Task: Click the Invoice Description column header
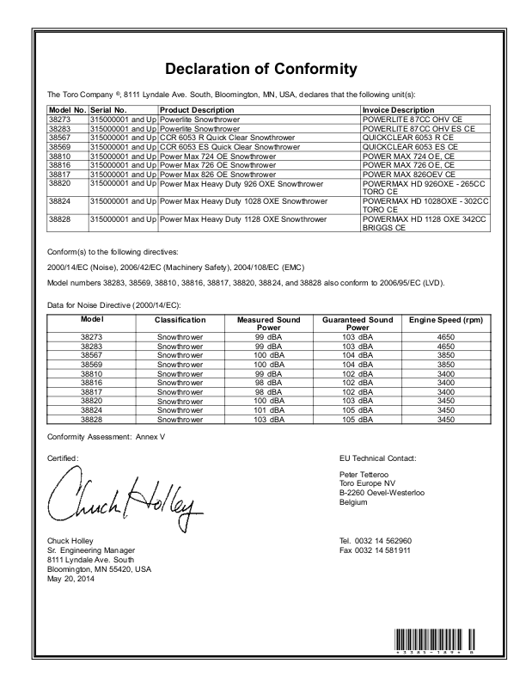(x=398, y=110)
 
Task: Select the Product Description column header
(x=197, y=110)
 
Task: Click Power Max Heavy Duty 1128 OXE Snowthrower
(x=243, y=219)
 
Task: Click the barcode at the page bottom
(x=435, y=641)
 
